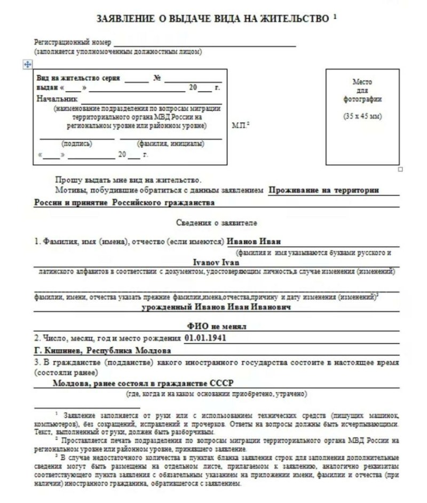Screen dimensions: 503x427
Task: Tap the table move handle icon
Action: point(28,64)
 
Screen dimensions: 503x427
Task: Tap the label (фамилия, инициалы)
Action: point(170,143)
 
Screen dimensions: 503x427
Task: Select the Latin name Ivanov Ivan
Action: point(216,262)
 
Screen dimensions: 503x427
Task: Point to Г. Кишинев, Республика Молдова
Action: point(102,351)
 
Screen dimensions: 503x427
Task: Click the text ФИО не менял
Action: point(216,326)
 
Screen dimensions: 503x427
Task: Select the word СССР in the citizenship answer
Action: point(223,383)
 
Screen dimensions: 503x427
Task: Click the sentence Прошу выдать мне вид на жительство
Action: point(128,179)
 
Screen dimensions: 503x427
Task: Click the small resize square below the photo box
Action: point(400,169)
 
